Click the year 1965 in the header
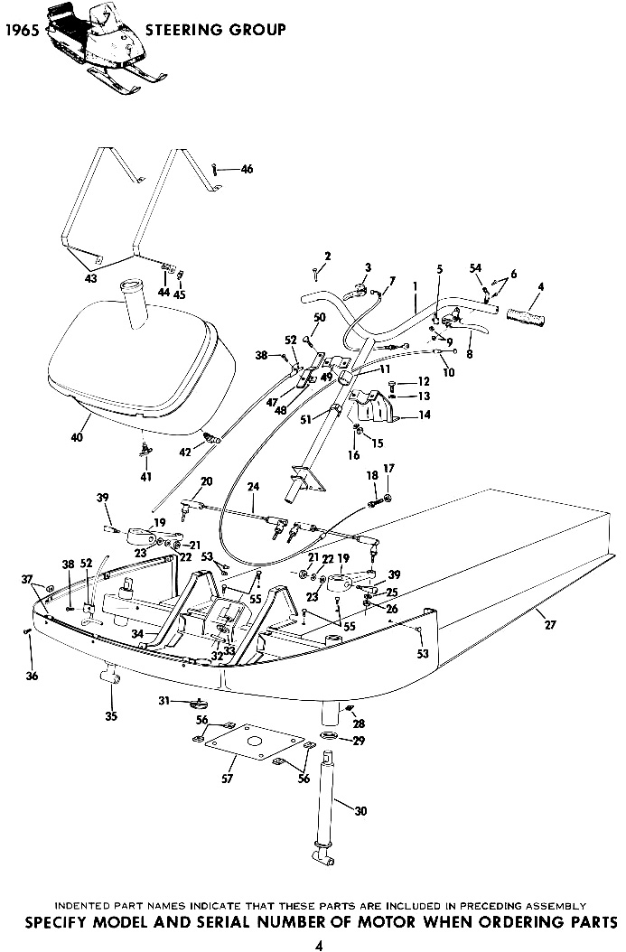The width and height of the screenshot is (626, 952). pyautogui.click(x=22, y=31)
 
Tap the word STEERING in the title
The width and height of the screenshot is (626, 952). pyautogui.click(x=185, y=29)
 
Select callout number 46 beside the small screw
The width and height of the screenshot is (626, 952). pyautogui.click(x=247, y=170)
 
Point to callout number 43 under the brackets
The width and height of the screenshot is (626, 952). pyautogui.click(x=89, y=279)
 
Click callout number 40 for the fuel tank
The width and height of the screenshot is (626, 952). pyautogui.click(x=77, y=436)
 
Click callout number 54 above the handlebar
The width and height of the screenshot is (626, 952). pyautogui.click(x=475, y=268)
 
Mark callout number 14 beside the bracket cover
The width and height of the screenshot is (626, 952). pyautogui.click(x=425, y=415)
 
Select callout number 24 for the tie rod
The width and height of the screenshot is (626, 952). pyautogui.click(x=253, y=486)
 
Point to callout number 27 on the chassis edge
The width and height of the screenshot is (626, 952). pyautogui.click(x=550, y=624)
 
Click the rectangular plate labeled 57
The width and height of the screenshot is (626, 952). pyautogui.click(x=255, y=741)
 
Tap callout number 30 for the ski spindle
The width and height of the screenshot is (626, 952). pyautogui.click(x=360, y=810)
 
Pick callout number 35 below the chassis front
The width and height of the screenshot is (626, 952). pyautogui.click(x=110, y=716)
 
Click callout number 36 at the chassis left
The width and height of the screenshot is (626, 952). pyautogui.click(x=32, y=675)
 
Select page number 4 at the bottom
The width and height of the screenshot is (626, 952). pyautogui.click(x=320, y=945)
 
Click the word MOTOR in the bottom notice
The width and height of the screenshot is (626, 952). pyautogui.click(x=386, y=921)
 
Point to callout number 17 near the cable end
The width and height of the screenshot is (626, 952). pyautogui.click(x=388, y=469)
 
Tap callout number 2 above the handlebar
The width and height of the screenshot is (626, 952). pyautogui.click(x=327, y=257)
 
